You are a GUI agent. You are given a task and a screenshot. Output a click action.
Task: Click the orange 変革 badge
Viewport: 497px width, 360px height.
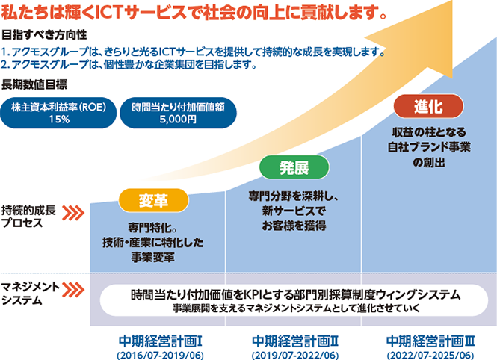pos(152,200)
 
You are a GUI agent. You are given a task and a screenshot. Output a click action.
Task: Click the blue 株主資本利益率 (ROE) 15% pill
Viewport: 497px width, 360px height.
pos(59,112)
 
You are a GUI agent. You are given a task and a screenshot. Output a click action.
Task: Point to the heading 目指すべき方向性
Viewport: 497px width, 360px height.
pos(45,35)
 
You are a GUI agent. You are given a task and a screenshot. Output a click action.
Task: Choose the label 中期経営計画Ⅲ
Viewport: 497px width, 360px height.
pos(430,340)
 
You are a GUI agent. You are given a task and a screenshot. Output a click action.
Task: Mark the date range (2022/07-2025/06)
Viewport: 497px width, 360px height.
pos(430,354)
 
